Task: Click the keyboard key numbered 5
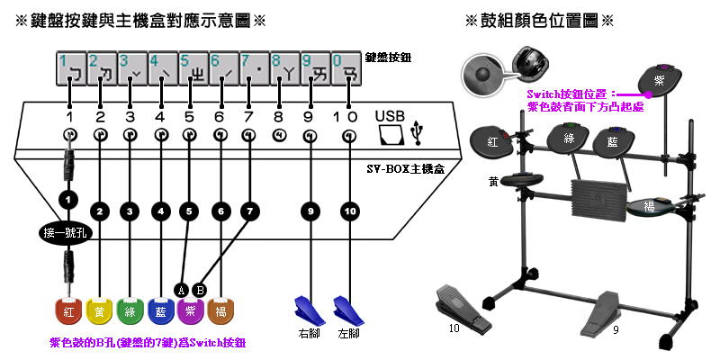tap(191, 68)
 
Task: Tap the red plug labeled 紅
tap(68, 310)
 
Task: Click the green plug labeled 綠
tap(130, 310)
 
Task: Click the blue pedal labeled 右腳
tap(307, 310)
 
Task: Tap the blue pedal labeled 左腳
tap(346, 310)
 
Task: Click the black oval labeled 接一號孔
tap(67, 234)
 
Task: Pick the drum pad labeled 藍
tap(614, 142)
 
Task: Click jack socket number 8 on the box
tap(278, 135)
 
